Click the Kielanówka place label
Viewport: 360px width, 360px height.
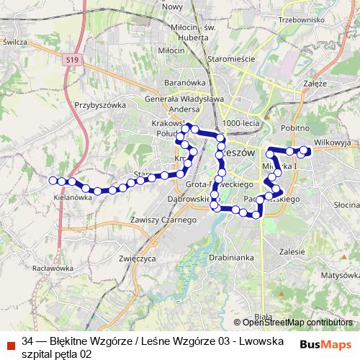click(x=73, y=197)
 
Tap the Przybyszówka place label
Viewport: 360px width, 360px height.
click(x=100, y=104)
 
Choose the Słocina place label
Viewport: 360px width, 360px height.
click(x=347, y=205)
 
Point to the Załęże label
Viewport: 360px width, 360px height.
click(x=315, y=84)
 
